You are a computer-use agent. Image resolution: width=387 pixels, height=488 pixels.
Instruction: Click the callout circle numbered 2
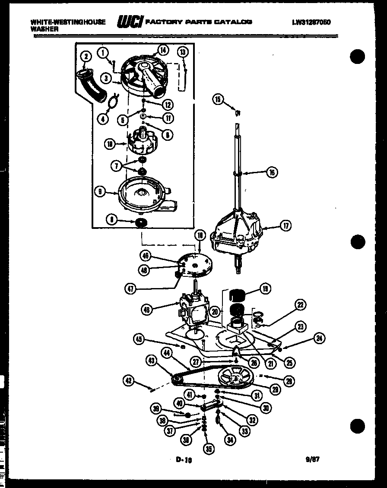click(86, 57)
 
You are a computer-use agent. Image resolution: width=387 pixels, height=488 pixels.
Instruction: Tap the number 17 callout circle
click(285, 225)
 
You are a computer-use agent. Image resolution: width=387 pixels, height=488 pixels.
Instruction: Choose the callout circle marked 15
click(218, 100)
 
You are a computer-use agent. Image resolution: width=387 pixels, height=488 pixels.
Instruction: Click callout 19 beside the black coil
click(265, 289)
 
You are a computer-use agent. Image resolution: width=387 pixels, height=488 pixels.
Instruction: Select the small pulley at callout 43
click(176, 380)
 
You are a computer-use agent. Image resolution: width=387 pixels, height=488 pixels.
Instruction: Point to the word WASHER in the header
click(44, 29)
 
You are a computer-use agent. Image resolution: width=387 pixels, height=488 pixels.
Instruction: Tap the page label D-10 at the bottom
click(184, 460)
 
